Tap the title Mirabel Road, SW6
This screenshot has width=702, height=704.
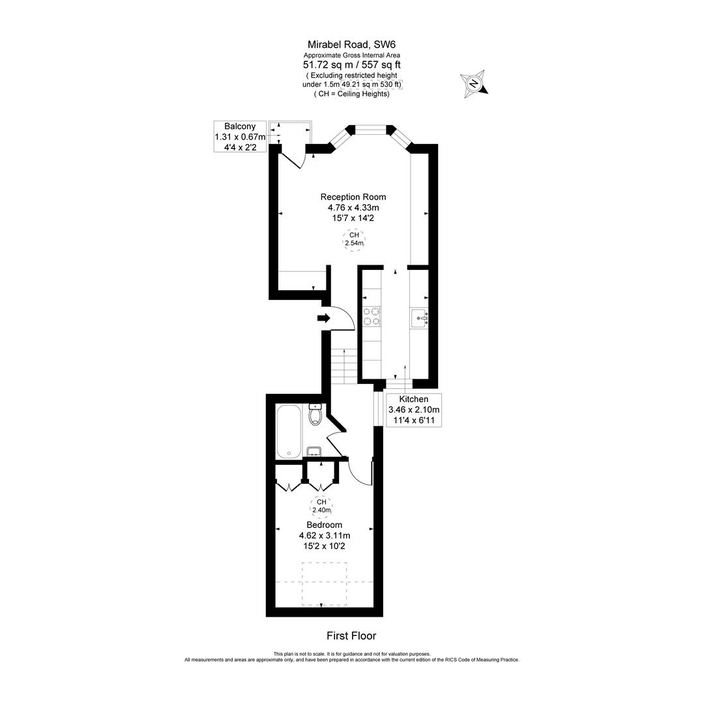pyautogui.click(x=352, y=44)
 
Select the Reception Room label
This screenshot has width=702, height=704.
pyautogui.click(x=353, y=197)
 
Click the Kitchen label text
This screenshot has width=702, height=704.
pyautogui.click(x=414, y=399)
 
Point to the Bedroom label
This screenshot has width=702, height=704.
pyautogui.click(x=324, y=525)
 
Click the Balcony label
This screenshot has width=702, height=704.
pyautogui.click(x=240, y=126)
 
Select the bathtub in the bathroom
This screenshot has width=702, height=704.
pyautogui.click(x=288, y=432)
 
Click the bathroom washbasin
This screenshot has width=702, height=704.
pyautogui.click(x=314, y=452)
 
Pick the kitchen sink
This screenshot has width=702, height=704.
pyautogui.click(x=419, y=319)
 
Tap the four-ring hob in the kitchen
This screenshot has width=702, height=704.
pyautogui.click(x=372, y=315)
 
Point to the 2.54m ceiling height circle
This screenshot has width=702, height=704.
pyautogui.click(x=354, y=239)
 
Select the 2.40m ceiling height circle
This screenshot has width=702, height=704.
pyautogui.click(x=321, y=506)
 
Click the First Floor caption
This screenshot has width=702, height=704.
pyautogui.click(x=351, y=636)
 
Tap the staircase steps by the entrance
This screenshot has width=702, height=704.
pyautogui.click(x=344, y=366)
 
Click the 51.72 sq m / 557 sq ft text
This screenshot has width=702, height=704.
pyautogui.click(x=352, y=65)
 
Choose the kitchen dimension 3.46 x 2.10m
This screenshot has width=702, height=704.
pyautogui.click(x=414, y=410)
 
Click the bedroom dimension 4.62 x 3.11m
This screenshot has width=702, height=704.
pyautogui.click(x=324, y=536)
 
